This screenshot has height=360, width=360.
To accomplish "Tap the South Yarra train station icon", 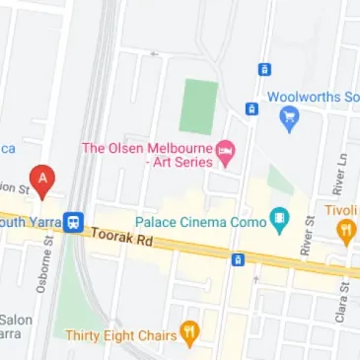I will (x=74, y=221).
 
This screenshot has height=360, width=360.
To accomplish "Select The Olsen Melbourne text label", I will (x=146, y=149).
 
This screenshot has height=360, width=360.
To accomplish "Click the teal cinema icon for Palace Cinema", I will (x=280, y=220).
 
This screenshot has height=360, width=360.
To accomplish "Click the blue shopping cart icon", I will (x=289, y=119).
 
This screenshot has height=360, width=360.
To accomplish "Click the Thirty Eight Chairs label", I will (x=119, y=335).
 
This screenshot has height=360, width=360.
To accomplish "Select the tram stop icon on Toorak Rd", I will (x=237, y=259).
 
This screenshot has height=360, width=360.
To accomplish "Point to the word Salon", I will (x=16, y=320).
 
